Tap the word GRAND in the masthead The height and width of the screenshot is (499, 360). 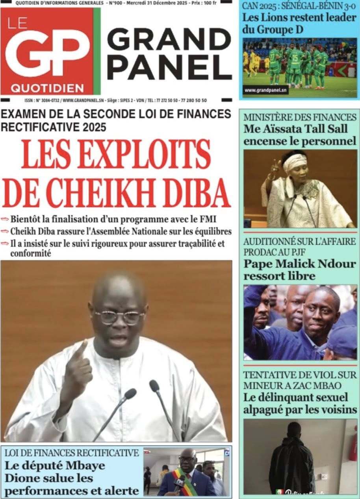(169, 39)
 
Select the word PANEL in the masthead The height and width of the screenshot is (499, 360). (169, 66)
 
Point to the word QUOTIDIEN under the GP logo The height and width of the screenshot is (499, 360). (48, 87)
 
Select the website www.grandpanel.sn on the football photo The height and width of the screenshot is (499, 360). (265, 90)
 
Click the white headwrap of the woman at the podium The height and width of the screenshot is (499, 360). (295, 161)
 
